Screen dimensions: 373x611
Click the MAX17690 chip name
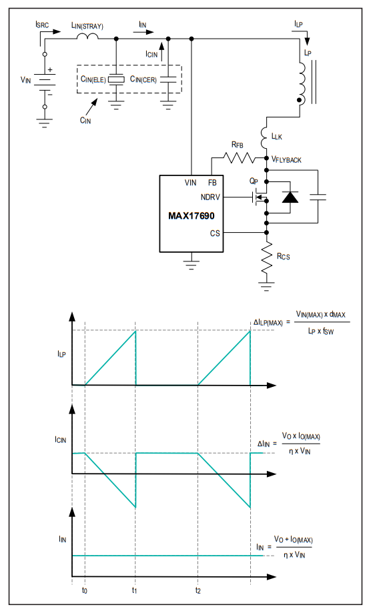[191, 216]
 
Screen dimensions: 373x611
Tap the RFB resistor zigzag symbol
[239, 158]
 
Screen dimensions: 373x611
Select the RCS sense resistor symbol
[267, 257]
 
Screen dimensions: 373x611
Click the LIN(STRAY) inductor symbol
[87, 36]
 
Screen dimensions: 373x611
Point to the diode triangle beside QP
[290, 197]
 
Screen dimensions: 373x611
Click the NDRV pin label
[210, 197]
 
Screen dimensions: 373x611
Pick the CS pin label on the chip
[215, 233]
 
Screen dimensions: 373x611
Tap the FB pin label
[212, 183]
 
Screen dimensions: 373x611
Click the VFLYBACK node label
[286, 159]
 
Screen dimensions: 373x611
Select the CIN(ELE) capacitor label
[93, 79]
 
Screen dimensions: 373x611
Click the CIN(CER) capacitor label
[143, 79]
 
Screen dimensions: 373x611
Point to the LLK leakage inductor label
[277, 136]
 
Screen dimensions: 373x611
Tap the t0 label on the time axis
[85, 590]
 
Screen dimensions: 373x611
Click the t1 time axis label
[135, 590]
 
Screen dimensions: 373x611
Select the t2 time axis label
[198, 590]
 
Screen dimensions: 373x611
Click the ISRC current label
[42, 25]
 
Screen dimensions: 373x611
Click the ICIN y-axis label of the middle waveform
[61, 440]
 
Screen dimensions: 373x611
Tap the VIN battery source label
[26, 80]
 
